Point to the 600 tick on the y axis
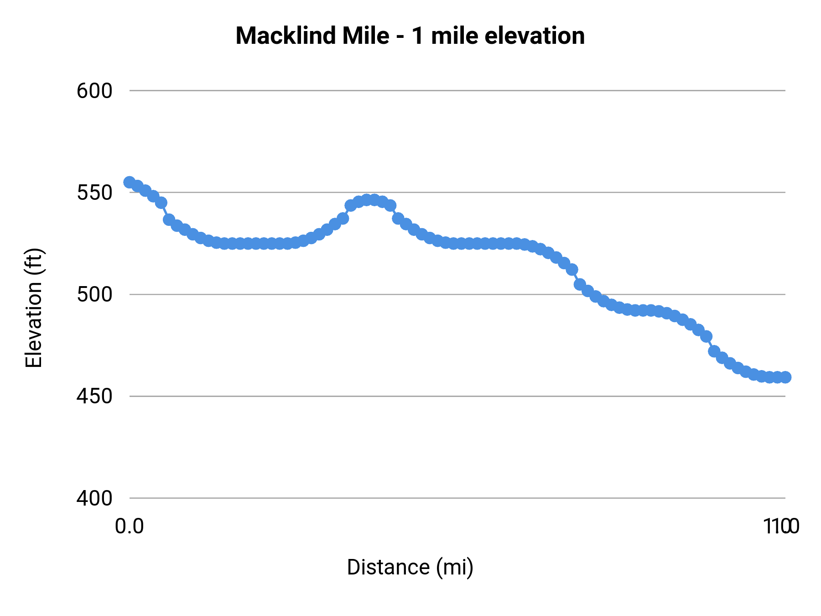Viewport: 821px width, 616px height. point(94,91)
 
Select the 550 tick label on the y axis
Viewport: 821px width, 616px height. point(94,193)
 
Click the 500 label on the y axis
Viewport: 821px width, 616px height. point(94,294)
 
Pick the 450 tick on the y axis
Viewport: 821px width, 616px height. point(94,396)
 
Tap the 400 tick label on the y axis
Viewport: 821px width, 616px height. point(94,498)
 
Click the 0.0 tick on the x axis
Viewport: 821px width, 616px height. point(130,527)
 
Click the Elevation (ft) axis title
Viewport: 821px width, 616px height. point(34,308)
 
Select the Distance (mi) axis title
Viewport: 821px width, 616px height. point(410,567)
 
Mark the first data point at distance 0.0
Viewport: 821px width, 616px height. point(130,182)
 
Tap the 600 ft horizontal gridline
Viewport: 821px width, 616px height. point(456,91)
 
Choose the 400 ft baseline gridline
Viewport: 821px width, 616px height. point(456,498)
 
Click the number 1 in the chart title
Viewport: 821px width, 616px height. point(417,36)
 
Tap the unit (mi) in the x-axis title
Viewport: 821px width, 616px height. point(455,567)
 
